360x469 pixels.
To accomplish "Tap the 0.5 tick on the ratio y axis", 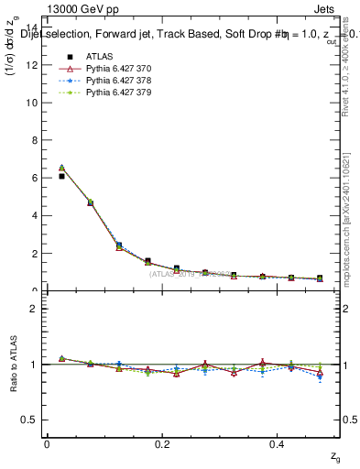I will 30,420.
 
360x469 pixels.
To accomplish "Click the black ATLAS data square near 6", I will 61,176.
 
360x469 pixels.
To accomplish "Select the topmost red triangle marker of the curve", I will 61,169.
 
